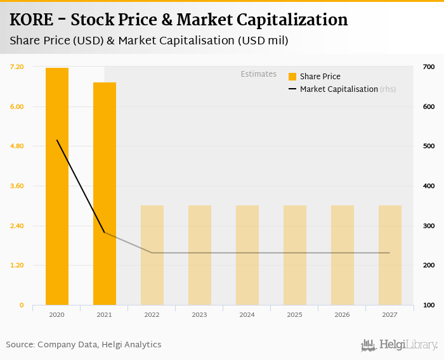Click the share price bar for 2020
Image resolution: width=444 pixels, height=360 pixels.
click(57, 186)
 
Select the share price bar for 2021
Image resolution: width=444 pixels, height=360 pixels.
click(105, 193)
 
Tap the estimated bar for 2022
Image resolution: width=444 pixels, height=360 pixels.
click(152, 255)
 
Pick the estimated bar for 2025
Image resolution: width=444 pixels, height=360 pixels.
click(295, 255)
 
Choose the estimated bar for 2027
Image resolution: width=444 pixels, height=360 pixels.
click(390, 255)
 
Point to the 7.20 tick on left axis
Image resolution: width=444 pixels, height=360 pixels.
click(17, 67)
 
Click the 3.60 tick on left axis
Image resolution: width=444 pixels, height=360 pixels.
click(17, 186)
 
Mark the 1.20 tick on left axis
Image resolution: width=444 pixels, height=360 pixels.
click(17, 265)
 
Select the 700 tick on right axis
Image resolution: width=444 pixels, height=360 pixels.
click(429, 67)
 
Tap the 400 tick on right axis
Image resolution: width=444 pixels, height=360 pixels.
click(429, 186)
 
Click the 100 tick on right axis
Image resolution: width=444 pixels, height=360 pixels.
click(429, 305)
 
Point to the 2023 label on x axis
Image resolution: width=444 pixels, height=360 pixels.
click(199, 314)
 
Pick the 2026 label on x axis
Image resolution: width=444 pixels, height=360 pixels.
click(342, 314)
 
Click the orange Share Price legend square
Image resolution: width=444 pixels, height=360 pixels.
click(292, 77)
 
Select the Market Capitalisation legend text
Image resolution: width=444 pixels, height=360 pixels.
click(339, 89)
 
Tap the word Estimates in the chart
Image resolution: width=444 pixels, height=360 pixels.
click(258, 74)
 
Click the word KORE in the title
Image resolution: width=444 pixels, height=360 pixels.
click(31, 20)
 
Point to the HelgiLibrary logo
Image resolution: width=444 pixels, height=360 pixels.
click(399, 345)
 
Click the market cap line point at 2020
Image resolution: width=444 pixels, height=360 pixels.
click(57, 140)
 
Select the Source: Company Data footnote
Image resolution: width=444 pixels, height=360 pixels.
click(84, 345)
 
